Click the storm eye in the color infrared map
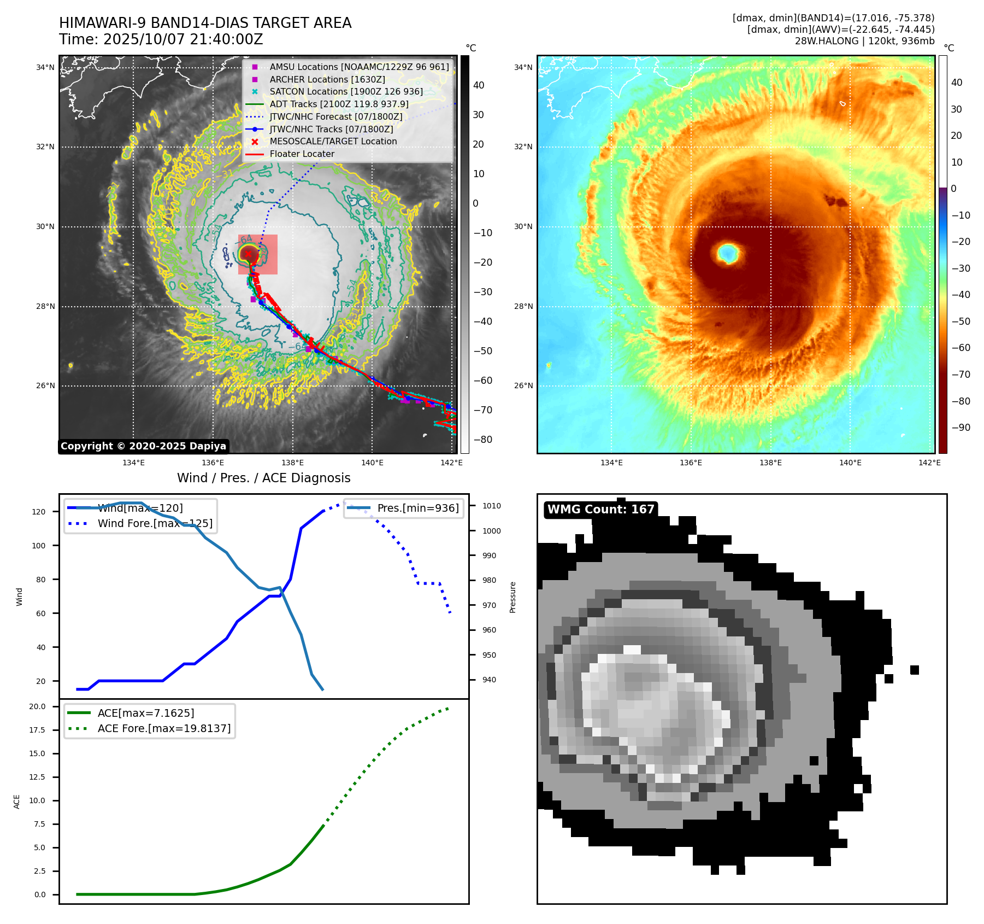(728, 253)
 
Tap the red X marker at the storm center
(248, 254)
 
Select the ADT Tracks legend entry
(339, 104)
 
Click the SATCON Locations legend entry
(346, 91)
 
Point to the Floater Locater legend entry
(302, 154)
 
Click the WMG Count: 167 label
(600, 510)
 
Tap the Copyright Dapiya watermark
(143, 446)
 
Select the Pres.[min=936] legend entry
(418, 508)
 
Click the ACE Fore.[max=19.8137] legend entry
(164, 728)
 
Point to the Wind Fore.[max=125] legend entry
(155, 523)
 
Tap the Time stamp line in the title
(161, 39)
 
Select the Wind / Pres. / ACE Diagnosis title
(264, 478)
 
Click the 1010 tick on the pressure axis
(491, 506)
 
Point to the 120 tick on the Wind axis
(39, 512)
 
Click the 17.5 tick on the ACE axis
(37, 730)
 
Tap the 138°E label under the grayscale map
(292, 463)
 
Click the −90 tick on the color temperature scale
(961, 428)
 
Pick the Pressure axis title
(512, 597)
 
